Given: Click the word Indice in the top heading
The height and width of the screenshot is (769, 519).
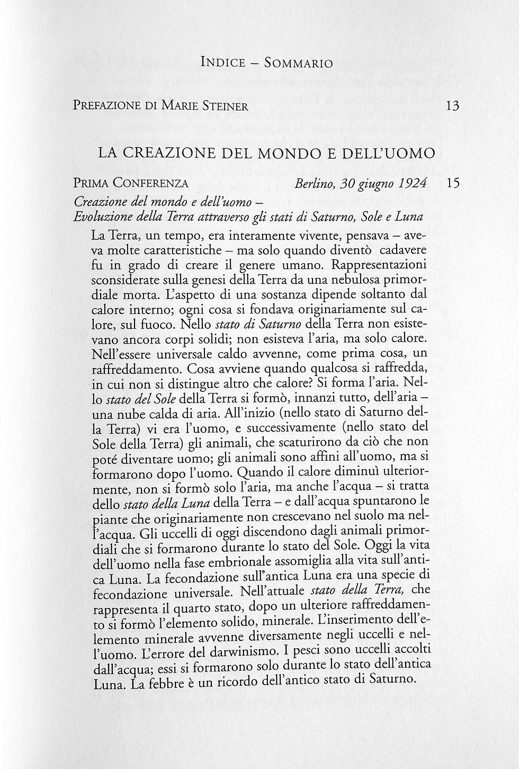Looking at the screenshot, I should point(223,64).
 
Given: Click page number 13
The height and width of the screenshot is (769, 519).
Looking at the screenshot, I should point(452,105).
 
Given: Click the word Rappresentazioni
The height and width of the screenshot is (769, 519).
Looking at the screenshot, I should point(378,263).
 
